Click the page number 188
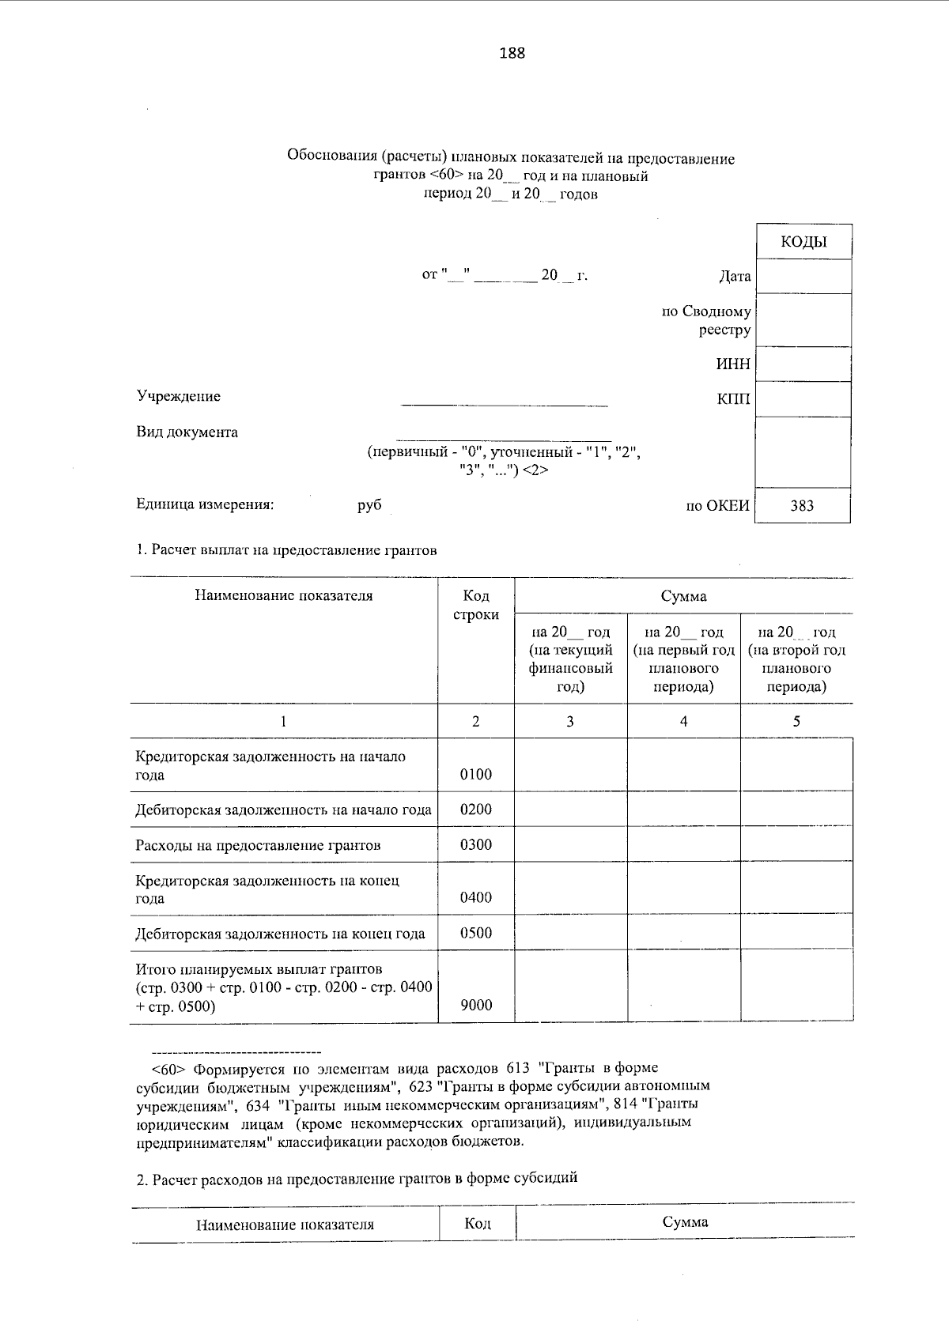pos(512,54)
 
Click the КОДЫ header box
pos(803,242)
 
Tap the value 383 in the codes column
pos(801,506)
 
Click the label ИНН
pos(733,364)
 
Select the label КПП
pos(733,399)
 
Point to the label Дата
pos(735,277)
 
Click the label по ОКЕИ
pos(717,506)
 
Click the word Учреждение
pos(178,396)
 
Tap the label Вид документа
pos(187,432)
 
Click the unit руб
pos(369,504)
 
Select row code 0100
pos(475,774)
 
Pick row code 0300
pos(475,844)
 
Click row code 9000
pos(475,1005)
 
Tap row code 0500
pos(475,933)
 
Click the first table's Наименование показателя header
pos(283,596)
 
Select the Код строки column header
pos(475,605)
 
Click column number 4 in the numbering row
pos(683,721)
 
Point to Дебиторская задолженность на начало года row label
pos(283,810)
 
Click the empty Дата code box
pos(803,277)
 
